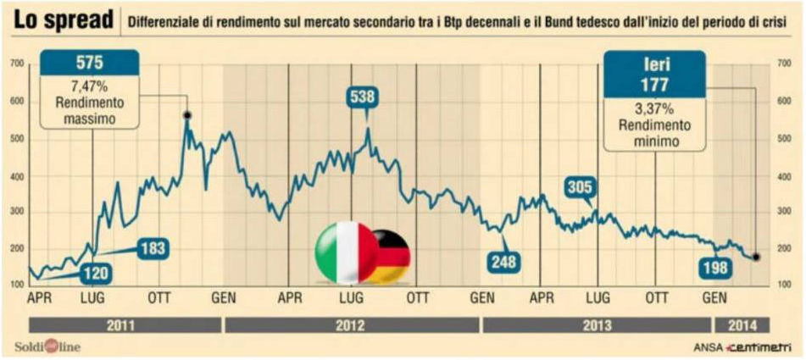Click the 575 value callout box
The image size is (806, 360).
click(90, 63)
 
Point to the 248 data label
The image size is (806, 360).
click(503, 262)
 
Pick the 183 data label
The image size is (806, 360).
click(153, 249)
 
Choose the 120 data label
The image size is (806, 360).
click(96, 274)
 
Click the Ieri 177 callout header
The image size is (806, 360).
click(654, 74)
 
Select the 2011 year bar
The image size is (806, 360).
click(125, 325)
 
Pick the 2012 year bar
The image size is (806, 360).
click(352, 325)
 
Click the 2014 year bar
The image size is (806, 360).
click(742, 325)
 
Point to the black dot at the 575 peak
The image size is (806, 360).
click(187, 115)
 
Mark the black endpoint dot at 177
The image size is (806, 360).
click(756, 257)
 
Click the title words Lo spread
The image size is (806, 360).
click(64, 21)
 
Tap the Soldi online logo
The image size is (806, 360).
click(47, 347)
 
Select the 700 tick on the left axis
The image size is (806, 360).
click(17, 64)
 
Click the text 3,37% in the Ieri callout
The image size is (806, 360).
click(653, 109)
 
